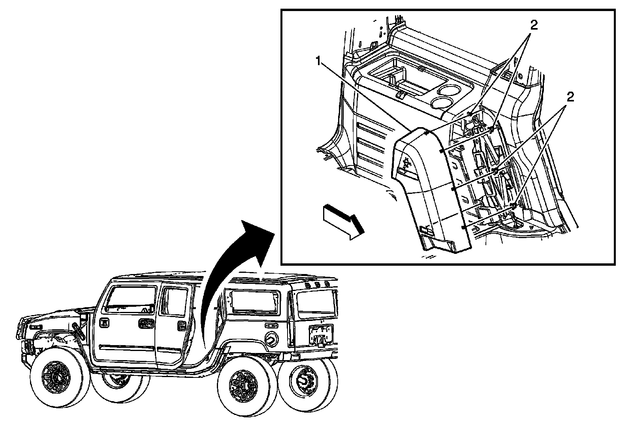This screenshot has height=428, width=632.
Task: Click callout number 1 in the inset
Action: [x=318, y=62]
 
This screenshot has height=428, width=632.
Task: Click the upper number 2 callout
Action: [x=534, y=26]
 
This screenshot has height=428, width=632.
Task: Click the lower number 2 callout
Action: [x=569, y=97]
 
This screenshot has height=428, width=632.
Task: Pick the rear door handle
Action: [x=182, y=325]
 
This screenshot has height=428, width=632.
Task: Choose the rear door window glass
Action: [x=175, y=301]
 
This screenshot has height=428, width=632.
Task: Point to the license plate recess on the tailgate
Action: [x=321, y=334]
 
